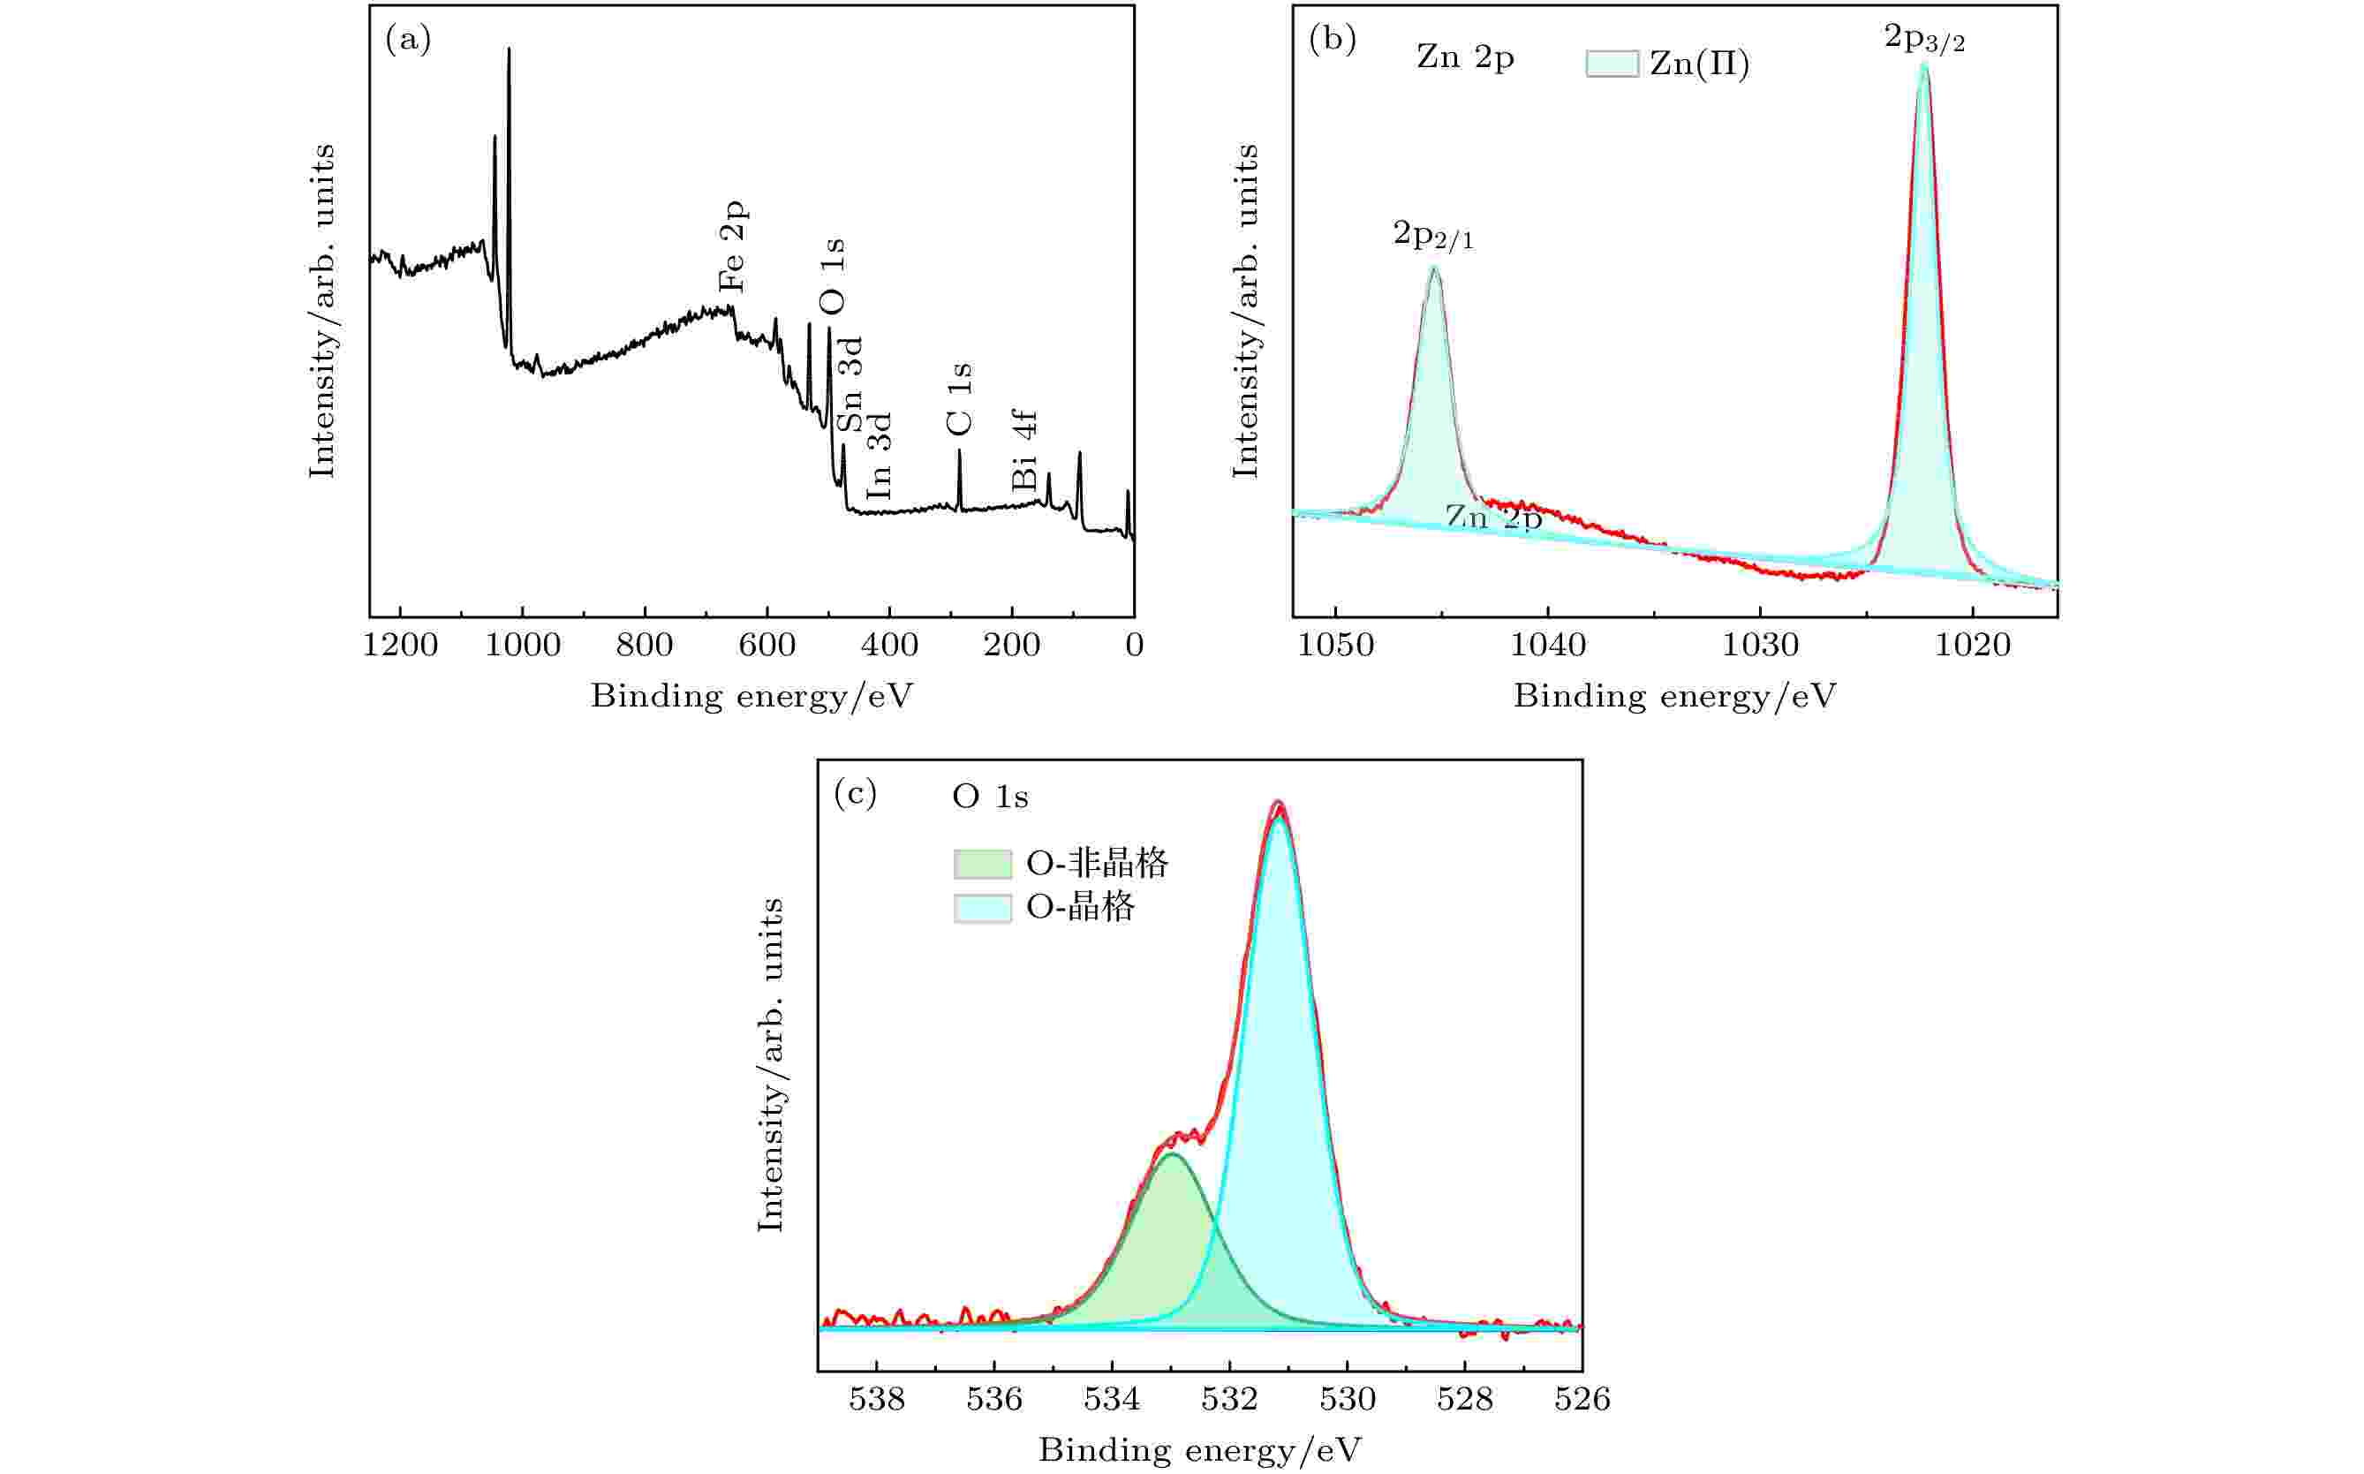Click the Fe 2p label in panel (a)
732,247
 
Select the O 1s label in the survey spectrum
833,276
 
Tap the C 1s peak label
959,398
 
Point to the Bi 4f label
1024,450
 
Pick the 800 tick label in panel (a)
645,646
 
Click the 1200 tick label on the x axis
400,646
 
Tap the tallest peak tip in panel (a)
509,49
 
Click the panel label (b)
1332,40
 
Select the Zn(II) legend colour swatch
1612,64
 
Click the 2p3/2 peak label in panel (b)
1923,39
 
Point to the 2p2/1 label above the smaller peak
1432,236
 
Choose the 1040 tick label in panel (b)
1547,646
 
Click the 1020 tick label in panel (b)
1972,646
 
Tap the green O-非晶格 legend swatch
982,864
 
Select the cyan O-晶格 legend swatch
982,909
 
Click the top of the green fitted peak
1171,1154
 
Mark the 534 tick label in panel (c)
1111,1400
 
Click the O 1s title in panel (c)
989,797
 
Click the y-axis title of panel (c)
770,1064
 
